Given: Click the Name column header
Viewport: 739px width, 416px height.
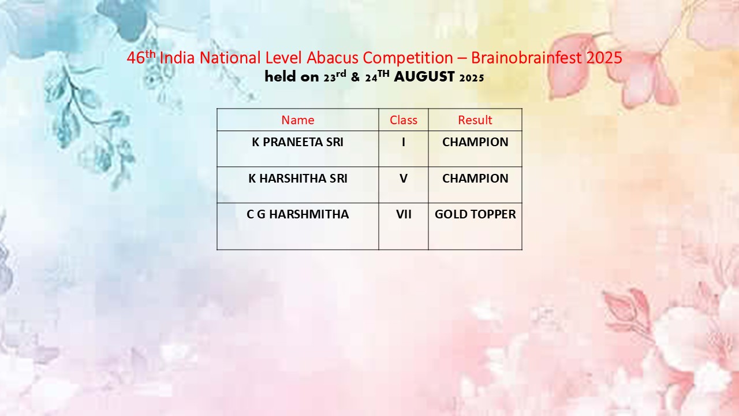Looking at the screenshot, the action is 297,120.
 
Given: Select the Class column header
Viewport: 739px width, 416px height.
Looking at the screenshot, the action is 403,120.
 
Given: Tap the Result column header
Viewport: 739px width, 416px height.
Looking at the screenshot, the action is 475,120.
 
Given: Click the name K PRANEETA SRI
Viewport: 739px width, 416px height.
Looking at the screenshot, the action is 297,142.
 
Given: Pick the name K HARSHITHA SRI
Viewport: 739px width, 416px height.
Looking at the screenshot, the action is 297,179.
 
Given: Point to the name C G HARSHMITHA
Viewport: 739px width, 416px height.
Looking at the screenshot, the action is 297,214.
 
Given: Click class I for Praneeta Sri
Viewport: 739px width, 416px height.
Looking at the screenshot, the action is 403,142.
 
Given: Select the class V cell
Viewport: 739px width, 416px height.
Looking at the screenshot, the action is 403,179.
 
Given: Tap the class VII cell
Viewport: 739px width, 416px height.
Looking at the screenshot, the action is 404,214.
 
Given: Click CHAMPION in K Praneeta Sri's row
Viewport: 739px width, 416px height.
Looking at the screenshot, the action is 475,142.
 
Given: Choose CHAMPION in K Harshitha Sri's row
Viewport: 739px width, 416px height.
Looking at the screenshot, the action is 475,179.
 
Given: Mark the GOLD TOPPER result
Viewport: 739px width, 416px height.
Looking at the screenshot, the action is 475,214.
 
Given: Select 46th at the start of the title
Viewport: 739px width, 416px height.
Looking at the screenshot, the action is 141,57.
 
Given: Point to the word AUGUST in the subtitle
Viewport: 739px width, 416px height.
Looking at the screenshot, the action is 424,77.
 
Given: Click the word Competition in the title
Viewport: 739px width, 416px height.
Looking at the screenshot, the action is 408,58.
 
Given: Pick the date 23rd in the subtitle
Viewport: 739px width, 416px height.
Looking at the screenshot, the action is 334,76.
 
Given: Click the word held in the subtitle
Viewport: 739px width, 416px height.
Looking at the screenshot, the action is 280,76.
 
